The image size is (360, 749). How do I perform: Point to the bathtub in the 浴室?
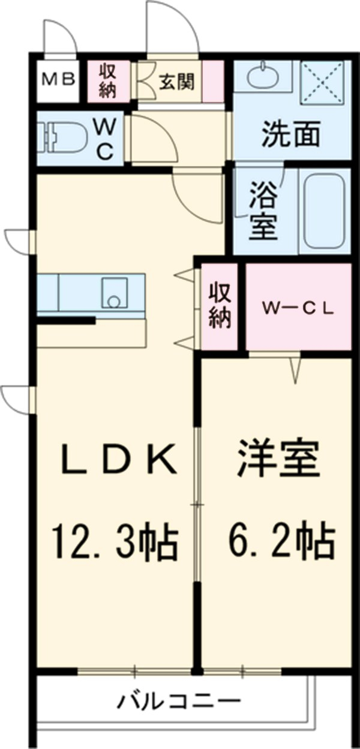(x=324, y=211)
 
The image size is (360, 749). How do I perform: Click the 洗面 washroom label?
(x=290, y=136)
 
